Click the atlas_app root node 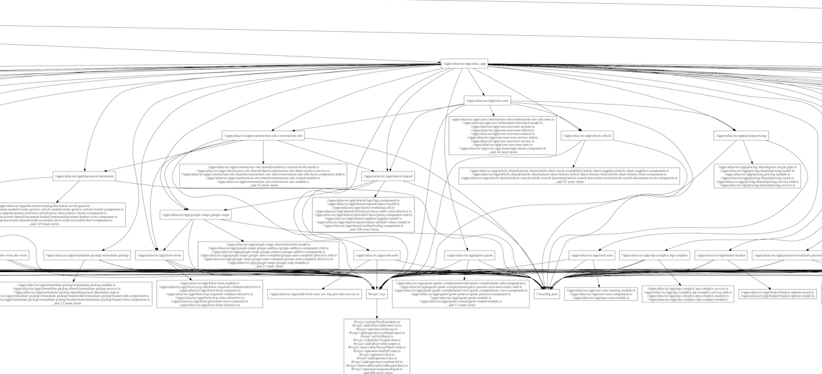tap(464, 64)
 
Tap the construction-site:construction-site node tap(263, 136)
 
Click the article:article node tap(587, 136)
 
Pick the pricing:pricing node tap(741, 136)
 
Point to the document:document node tap(84, 176)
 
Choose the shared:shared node tap(389, 176)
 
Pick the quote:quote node tap(470, 255)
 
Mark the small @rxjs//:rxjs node tap(378, 295)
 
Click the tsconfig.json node tap(546, 295)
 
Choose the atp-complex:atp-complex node tap(654, 255)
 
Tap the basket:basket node tap(721, 255)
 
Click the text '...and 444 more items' tap(378, 372)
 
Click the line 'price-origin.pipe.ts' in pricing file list tap(757, 167)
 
